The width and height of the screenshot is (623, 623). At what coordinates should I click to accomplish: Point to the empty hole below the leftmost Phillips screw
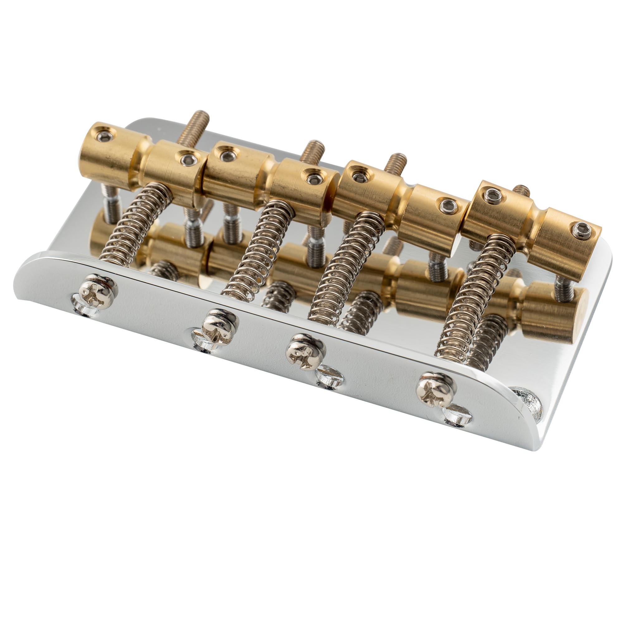[86, 310]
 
